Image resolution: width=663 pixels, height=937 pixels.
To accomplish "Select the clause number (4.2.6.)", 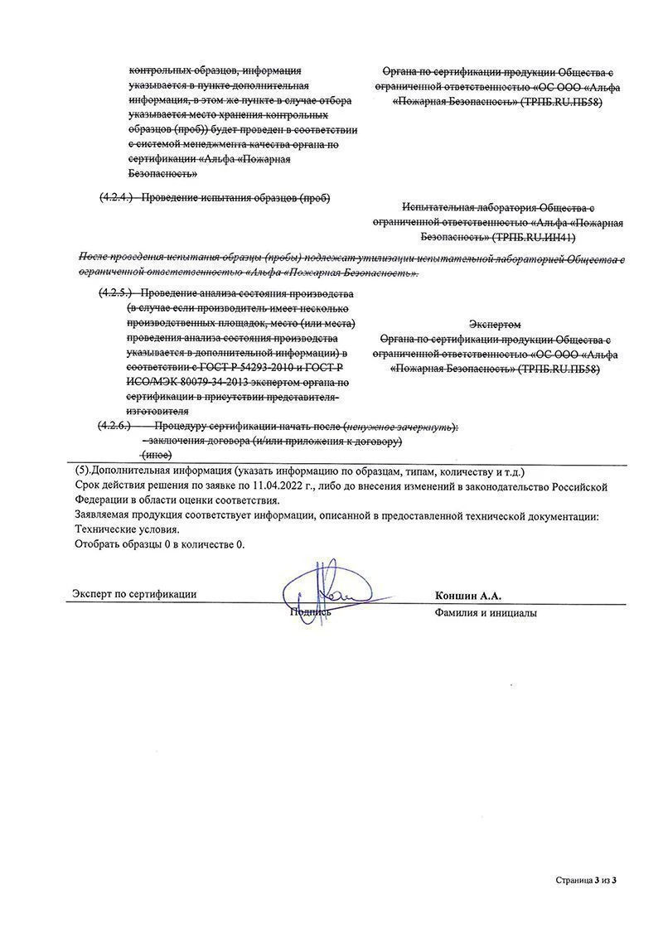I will coord(116,426).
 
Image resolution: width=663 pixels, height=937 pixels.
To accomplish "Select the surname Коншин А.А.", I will coord(467,595).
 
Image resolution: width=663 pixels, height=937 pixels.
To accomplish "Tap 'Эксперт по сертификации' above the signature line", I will coord(134,594).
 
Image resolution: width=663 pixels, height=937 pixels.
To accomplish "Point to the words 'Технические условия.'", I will coord(126,529).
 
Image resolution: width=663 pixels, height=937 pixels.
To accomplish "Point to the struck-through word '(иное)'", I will coord(157,455).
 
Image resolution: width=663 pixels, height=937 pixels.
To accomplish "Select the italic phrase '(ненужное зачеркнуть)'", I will coord(400,426).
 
